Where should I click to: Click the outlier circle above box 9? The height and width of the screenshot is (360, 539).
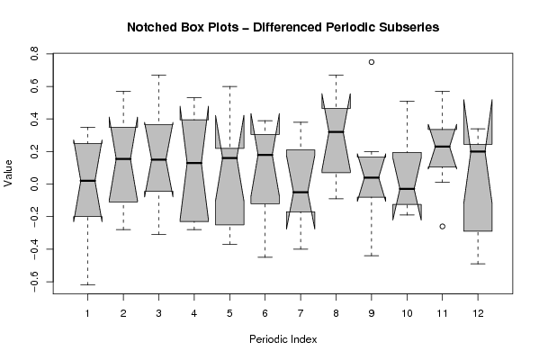[372, 62]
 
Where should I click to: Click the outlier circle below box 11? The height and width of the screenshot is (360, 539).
[443, 226]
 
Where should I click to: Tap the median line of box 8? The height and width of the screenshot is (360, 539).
[336, 131]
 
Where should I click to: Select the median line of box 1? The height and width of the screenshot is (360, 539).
[87, 181]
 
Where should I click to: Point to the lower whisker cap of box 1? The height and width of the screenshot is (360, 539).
[87, 284]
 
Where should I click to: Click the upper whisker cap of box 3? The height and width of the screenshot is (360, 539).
[158, 75]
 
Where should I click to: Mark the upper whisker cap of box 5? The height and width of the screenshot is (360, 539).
[229, 86]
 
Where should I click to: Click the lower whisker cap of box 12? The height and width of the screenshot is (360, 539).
[478, 264]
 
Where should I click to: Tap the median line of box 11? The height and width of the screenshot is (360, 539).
[443, 147]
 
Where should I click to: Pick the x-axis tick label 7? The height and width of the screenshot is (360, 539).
[301, 313]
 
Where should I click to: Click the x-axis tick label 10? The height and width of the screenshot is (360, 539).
[407, 313]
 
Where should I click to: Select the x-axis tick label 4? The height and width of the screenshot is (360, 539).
[194, 313]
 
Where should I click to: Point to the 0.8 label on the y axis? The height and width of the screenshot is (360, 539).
[34, 54]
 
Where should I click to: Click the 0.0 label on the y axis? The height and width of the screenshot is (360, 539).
[34, 184]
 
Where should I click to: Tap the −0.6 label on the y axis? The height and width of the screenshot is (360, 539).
[34, 282]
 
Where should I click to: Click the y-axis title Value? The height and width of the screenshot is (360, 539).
[8, 174]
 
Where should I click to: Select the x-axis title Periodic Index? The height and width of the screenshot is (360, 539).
[283, 339]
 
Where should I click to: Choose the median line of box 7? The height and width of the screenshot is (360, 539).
[301, 192]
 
